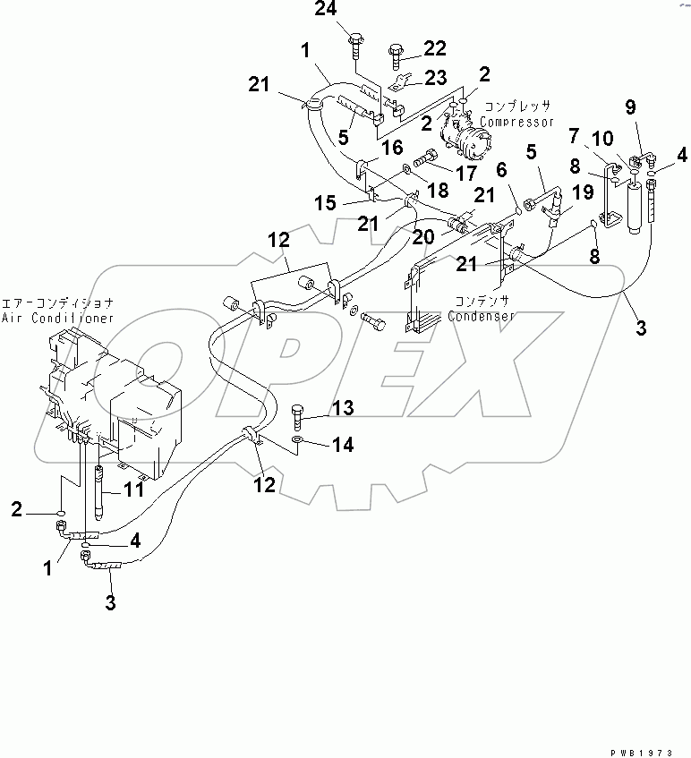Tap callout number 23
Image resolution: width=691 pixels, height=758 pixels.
pyautogui.click(x=434, y=79)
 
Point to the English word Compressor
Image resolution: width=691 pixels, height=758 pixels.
pyautogui.click(x=517, y=122)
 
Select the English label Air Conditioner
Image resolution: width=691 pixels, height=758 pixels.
pyautogui.click(x=57, y=318)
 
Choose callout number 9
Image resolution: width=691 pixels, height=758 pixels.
pyautogui.click(x=630, y=107)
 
